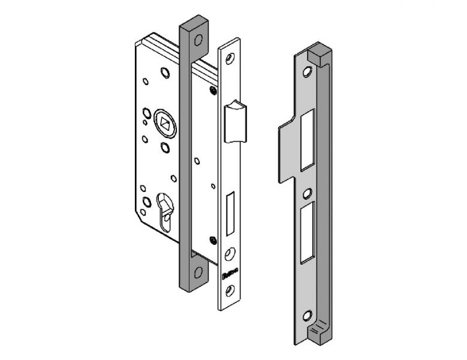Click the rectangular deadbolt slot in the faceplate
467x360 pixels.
coord(229,213)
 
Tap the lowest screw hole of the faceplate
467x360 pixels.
coord(228,293)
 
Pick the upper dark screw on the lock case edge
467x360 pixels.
coord(214,91)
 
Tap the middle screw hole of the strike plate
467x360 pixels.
coord(307,193)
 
